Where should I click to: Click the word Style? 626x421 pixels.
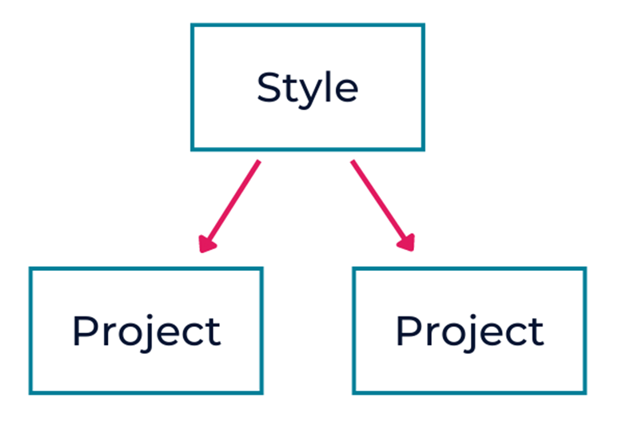click(308, 89)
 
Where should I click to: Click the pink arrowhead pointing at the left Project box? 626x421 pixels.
click(206, 244)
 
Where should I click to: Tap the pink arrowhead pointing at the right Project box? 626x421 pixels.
click(407, 243)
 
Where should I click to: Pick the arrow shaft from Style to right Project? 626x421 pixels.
click(378, 201)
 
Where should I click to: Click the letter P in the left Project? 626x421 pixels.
click(85, 331)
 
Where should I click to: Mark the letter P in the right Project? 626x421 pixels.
click(408, 331)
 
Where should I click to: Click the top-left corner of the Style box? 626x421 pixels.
click(192, 25)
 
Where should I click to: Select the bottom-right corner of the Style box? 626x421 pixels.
click(423, 149)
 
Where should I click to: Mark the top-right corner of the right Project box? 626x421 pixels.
click(585, 268)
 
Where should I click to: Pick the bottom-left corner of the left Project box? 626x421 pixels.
click(30, 393)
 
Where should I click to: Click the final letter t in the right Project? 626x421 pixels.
click(536, 332)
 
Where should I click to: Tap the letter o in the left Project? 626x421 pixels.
click(128, 335)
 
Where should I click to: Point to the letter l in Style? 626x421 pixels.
click(326, 86)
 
